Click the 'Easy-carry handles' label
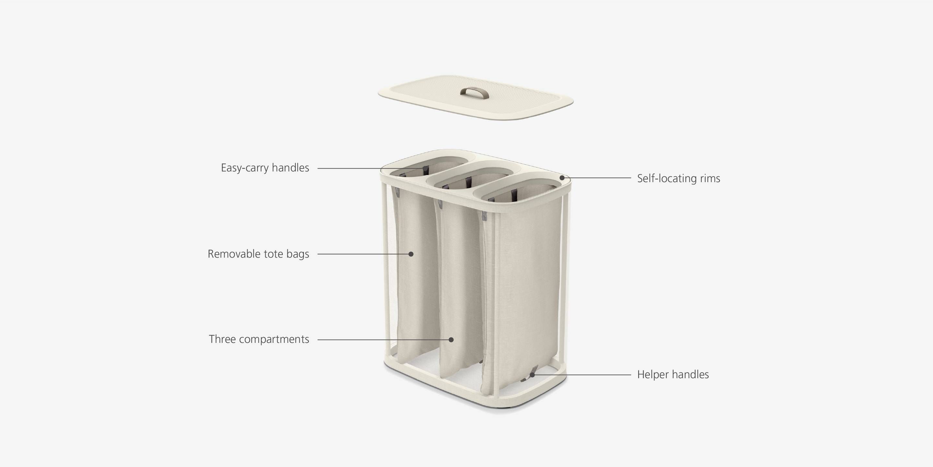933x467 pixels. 265,168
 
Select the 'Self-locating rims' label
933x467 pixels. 678,179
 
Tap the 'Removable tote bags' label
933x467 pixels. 258,254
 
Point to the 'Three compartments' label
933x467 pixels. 259,339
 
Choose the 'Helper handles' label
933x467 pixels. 673,375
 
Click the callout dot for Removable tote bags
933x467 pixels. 411,254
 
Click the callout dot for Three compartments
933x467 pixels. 451,339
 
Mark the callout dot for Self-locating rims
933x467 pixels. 562,178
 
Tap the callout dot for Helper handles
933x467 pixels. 532,375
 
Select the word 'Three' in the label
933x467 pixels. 222,339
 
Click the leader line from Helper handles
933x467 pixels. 583,375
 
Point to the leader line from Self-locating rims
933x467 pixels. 598,178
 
